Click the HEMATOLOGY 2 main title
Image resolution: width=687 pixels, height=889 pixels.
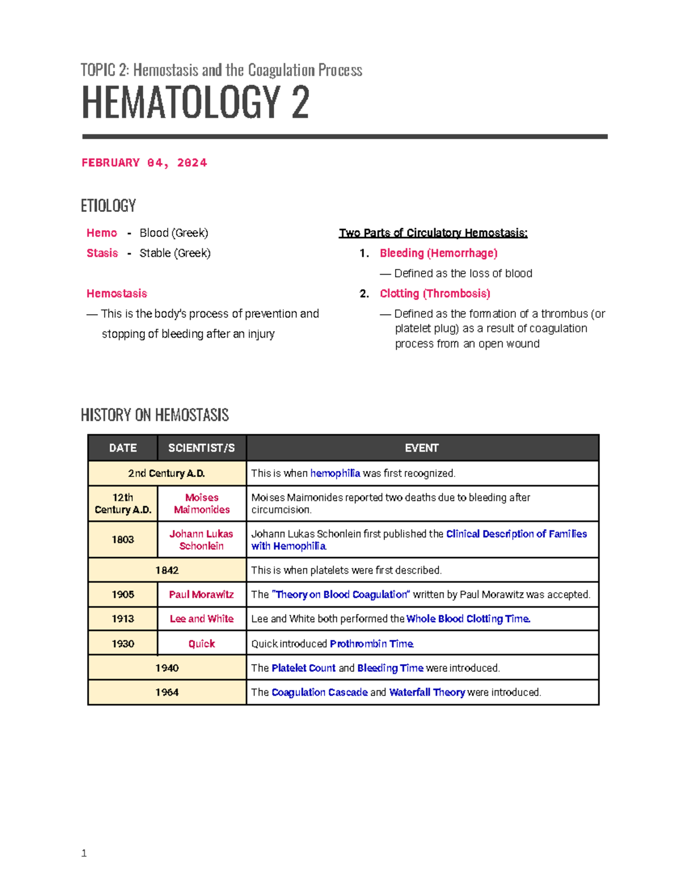pyautogui.click(x=195, y=102)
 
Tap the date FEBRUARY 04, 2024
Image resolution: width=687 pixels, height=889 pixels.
pyautogui.click(x=144, y=163)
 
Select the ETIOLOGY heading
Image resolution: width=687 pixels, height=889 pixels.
pyautogui.click(x=108, y=206)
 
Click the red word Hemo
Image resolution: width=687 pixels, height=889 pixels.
pyautogui.click(x=101, y=233)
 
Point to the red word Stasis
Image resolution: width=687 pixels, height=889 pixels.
pyautogui.click(x=102, y=253)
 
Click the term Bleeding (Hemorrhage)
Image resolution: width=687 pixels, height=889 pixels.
pyautogui.click(x=439, y=253)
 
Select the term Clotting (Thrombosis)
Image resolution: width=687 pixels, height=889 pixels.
pyautogui.click(x=435, y=294)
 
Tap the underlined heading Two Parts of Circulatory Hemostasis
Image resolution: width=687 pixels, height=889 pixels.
pyautogui.click(x=433, y=233)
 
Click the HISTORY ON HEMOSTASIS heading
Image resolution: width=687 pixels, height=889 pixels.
pyautogui.click(x=155, y=415)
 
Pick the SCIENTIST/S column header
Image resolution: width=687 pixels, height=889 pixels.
pyautogui.click(x=202, y=448)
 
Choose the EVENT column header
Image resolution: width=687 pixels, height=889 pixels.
pyautogui.click(x=422, y=448)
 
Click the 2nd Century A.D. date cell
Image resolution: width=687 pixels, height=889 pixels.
pyautogui.click(x=167, y=473)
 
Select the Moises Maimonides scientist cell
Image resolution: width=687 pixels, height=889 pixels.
pyautogui.click(x=202, y=504)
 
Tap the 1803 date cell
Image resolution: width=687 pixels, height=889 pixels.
pyautogui.click(x=123, y=540)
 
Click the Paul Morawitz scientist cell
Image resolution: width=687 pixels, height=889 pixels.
pyautogui.click(x=202, y=595)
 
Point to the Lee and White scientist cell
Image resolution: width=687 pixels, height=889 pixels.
pyautogui.click(x=202, y=619)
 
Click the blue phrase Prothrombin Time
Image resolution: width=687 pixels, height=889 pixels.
pyautogui.click(x=372, y=644)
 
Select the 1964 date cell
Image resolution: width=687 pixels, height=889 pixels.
pyautogui.click(x=167, y=693)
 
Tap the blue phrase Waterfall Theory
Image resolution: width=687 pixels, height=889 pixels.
pyautogui.click(x=427, y=693)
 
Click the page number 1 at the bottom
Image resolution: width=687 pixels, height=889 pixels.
pyautogui.click(x=84, y=854)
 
